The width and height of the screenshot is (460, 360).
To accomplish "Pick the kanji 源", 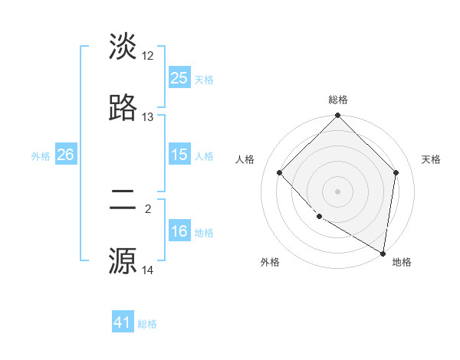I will tap(123, 260).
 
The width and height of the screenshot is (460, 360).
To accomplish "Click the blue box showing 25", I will tap(179, 78).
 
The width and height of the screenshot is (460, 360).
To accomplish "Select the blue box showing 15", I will tap(179, 155).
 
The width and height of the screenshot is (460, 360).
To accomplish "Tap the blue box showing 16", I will tap(179, 231).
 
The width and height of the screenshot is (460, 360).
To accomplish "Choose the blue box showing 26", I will tap(65, 155).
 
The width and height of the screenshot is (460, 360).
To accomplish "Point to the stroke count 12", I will tap(148, 56).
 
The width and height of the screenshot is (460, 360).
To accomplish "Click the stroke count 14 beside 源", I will tap(148, 270).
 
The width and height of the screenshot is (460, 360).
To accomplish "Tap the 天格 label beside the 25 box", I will tap(204, 79).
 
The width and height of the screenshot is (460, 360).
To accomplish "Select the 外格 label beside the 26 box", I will tap(41, 155).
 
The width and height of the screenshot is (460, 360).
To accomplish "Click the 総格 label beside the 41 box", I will tap(147, 324).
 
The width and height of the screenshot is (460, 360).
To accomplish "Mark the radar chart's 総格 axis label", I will tap(338, 100).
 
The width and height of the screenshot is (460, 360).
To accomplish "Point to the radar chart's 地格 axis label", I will tap(402, 262).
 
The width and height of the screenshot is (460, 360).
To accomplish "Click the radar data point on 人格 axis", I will tap(280, 172).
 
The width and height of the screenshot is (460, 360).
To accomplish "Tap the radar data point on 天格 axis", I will tap(396, 172).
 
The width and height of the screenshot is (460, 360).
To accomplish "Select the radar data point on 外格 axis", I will tap(319, 217).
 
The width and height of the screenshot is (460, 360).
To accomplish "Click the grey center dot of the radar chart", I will tap(338, 191).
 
